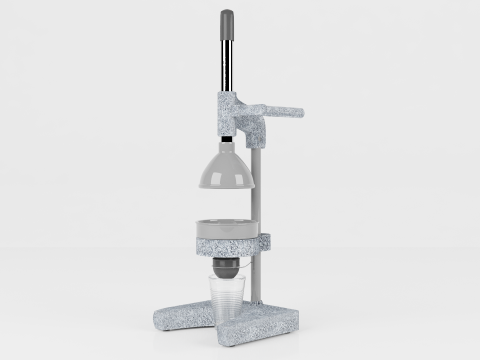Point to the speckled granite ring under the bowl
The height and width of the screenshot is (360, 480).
tap(227, 244)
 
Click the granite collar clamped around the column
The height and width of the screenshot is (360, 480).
tap(265, 241)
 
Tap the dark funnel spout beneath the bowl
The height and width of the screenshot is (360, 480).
tap(228, 268)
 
